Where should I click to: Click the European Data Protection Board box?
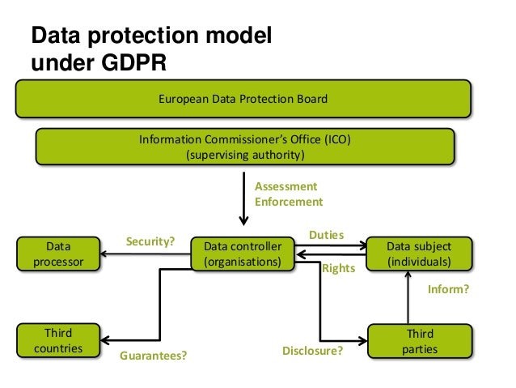tap(243, 99)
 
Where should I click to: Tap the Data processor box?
tap(57, 254)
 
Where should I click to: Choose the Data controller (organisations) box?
tap(243, 254)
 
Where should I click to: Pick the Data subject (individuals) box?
tap(418, 254)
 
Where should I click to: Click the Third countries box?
tap(57, 341)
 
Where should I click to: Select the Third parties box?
tap(419, 341)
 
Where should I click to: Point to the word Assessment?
tap(286, 186)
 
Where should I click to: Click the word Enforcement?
tap(289, 202)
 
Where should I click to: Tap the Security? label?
tap(150, 241)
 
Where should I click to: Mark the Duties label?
tap(326, 235)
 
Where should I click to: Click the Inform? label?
tap(447, 288)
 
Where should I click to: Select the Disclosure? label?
tap(312, 352)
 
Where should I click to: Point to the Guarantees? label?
tap(153, 354)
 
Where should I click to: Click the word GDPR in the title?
tap(135, 64)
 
